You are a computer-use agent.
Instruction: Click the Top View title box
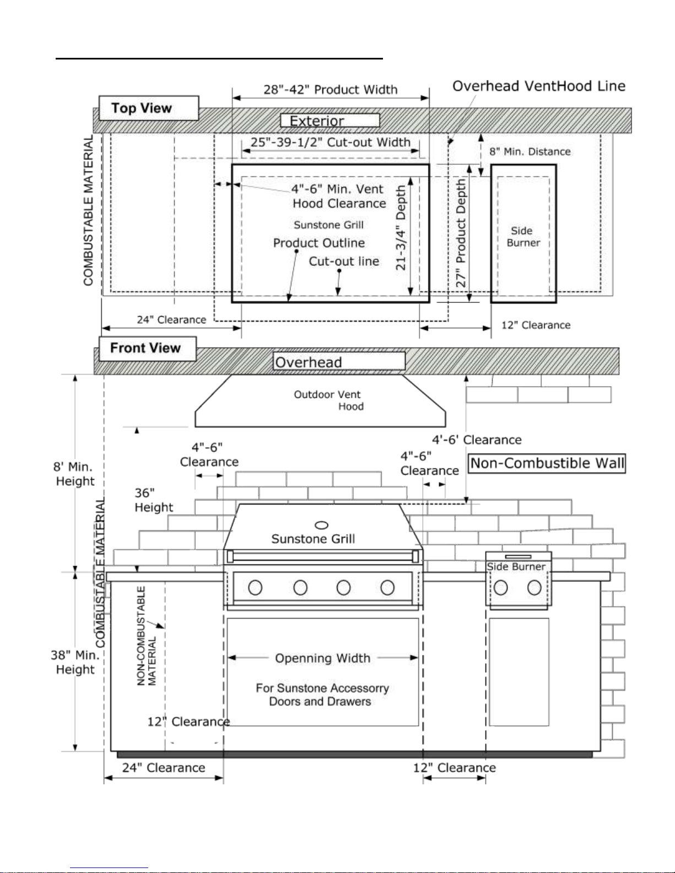click(x=149, y=107)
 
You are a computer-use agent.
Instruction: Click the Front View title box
click(x=148, y=348)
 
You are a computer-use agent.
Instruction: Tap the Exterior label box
click(x=330, y=120)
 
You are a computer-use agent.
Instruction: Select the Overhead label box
click(x=339, y=361)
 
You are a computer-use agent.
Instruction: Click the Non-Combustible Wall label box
click(x=547, y=463)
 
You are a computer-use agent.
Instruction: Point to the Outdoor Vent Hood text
click(x=328, y=400)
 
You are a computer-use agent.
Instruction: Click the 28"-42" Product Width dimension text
click(x=330, y=89)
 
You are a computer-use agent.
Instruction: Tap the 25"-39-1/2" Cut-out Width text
click(x=330, y=142)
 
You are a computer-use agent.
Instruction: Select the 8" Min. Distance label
click(x=530, y=151)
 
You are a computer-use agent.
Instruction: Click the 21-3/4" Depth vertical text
click(x=401, y=227)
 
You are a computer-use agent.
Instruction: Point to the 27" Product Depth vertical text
click(x=461, y=233)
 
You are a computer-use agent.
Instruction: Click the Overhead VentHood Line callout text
click(x=539, y=86)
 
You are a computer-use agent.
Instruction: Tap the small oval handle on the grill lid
click(x=321, y=525)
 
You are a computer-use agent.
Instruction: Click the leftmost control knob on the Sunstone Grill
click(x=255, y=588)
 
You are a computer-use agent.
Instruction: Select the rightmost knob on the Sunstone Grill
click(x=387, y=588)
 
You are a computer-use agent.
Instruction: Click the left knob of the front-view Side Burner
click(x=501, y=588)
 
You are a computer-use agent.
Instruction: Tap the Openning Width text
click(x=323, y=658)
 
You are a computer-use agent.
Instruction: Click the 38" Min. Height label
click(x=75, y=662)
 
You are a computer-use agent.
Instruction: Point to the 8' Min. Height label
click(x=75, y=474)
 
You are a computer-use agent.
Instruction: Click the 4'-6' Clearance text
click(x=477, y=440)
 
